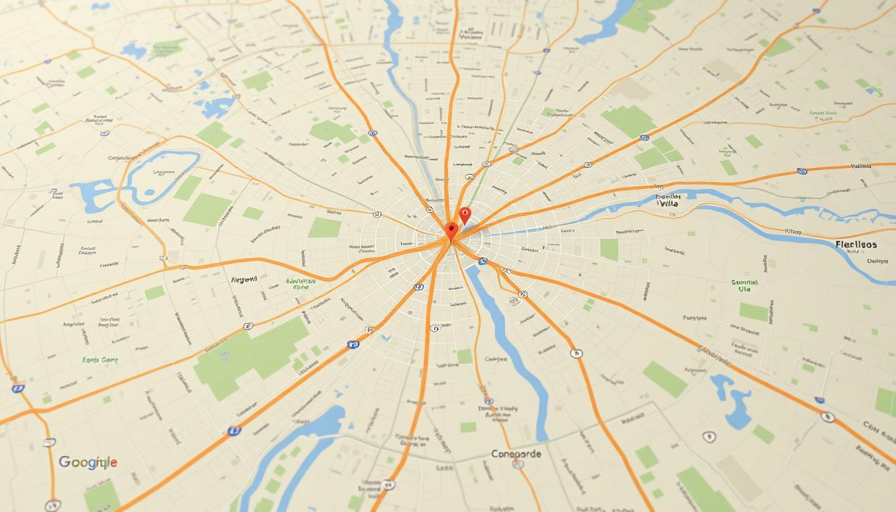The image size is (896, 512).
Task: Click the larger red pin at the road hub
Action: tap(452, 230)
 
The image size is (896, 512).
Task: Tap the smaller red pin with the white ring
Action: tap(465, 215)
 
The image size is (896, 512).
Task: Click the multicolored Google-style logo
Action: tap(87, 462)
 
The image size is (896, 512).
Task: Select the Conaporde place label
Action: tap(516, 454)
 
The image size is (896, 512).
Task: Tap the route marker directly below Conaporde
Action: tap(517, 465)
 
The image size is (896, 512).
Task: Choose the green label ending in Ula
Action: tap(750, 286)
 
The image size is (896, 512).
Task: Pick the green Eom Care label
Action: tap(100, 359)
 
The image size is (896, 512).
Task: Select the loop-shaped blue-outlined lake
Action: tap(163, 171)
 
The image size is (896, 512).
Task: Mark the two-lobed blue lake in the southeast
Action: tap(733, 400)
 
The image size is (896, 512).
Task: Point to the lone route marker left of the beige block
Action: tap(709, 437)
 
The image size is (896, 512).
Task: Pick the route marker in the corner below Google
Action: tap(53, 505)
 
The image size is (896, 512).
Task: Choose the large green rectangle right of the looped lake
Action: tap(207, 209)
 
